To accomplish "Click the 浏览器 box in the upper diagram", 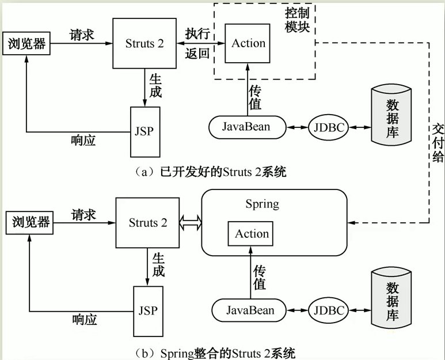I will tap(26, 44).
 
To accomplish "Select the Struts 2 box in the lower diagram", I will tap(148, 223).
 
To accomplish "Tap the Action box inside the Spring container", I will tap(252, 234).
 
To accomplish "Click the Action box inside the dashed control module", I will tap(248, 43).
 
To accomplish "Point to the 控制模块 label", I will tap(298, 20).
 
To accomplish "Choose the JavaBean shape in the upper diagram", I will tap(246, 127).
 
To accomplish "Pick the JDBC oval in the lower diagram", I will tap(329, 311).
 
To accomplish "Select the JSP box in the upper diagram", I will tap(146, 131).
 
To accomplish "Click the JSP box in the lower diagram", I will tap(148, 311).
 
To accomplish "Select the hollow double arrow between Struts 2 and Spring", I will tap(191, 222).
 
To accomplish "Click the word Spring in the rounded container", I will tap(262, 204).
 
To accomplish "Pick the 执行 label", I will tap(197, 33).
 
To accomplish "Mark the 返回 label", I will tap(197, 54).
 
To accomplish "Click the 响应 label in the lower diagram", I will tap(85, 319).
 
